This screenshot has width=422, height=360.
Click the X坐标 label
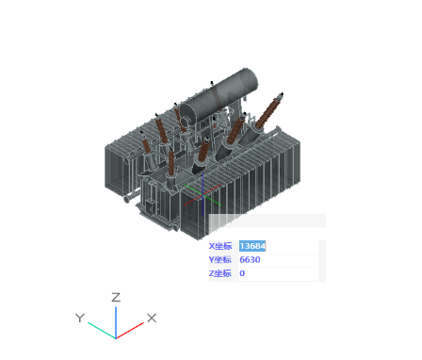pyautogui.click(x=220, y=246)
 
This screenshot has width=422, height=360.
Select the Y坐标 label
pyautogui.click(x=220, y=260)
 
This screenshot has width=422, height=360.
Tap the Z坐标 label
pyautogui.click(x=220, y=273)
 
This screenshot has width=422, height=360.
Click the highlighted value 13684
pyautogui.click(x=252, y=246)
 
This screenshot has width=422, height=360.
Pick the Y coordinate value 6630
pyautogui.click(x=250, y=260)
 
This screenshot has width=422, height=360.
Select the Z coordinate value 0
pyautogui.click(x=242, y=273)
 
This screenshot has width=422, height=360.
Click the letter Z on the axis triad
pyautogui.click(x=116, y=297)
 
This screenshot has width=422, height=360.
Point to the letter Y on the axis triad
pyautogui.click(x=80, y=318)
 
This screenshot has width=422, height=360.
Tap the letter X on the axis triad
pyautogui.click(x=152, y=318)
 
